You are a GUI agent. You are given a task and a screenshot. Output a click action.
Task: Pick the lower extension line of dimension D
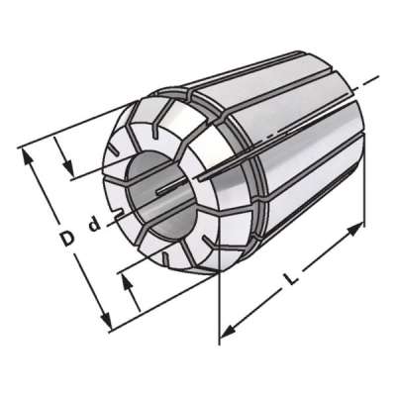(158, 302)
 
